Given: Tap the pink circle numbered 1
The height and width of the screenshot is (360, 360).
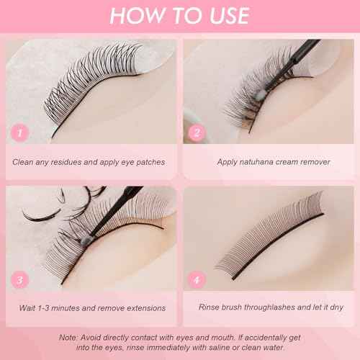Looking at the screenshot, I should (x=22, y=133).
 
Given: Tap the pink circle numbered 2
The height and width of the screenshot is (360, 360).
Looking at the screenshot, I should (x=195, y=133).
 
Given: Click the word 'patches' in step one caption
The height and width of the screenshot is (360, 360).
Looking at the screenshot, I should (x=148, y=162).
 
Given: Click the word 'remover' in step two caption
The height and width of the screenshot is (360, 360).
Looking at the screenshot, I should (x=315, y=162).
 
